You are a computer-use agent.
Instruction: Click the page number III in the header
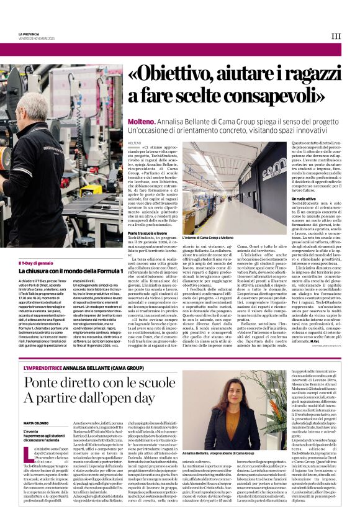tap(336, 36)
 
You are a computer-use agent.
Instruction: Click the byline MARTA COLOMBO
tap(36, 423)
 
